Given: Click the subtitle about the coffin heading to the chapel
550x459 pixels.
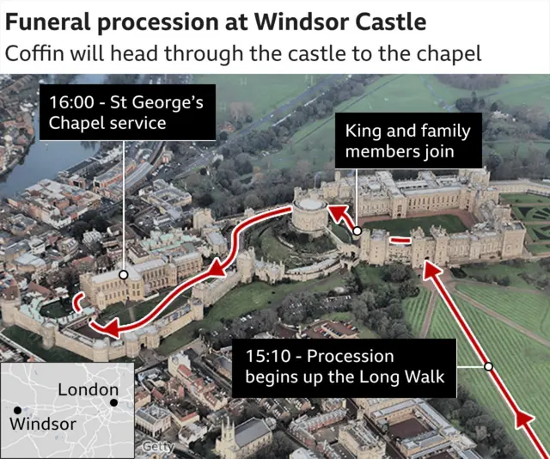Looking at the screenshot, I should point(243,53).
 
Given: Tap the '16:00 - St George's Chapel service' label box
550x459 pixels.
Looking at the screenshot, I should point(125,113).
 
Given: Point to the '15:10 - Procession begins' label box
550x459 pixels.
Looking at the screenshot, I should point(344,367).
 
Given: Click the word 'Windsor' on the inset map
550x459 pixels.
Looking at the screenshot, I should point(43,424).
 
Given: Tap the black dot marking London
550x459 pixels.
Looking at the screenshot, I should point(113,402).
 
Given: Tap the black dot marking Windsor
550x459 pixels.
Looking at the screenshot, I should point(15,411).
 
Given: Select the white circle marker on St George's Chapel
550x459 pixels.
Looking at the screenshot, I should point(125,275).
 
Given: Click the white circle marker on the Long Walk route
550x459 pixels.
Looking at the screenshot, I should point(488,367).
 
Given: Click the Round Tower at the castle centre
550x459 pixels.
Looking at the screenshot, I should point(309,215).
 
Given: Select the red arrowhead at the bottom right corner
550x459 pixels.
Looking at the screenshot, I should point(523,420).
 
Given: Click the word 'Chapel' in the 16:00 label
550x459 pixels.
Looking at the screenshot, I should point(76,123).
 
